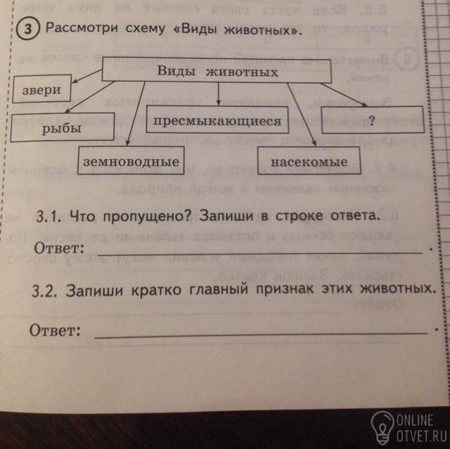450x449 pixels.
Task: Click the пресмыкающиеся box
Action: pyautogui.click(x=218, y=122)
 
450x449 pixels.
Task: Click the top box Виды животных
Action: pyautogui.click(x=217, y=72)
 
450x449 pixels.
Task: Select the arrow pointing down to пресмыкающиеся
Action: pyautogui.click(x=219, y=94)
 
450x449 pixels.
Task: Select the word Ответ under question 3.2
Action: pyautogui.click(x=55, y=330)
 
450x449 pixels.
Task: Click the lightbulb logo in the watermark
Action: pyautogui.click(x=382, y=426)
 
